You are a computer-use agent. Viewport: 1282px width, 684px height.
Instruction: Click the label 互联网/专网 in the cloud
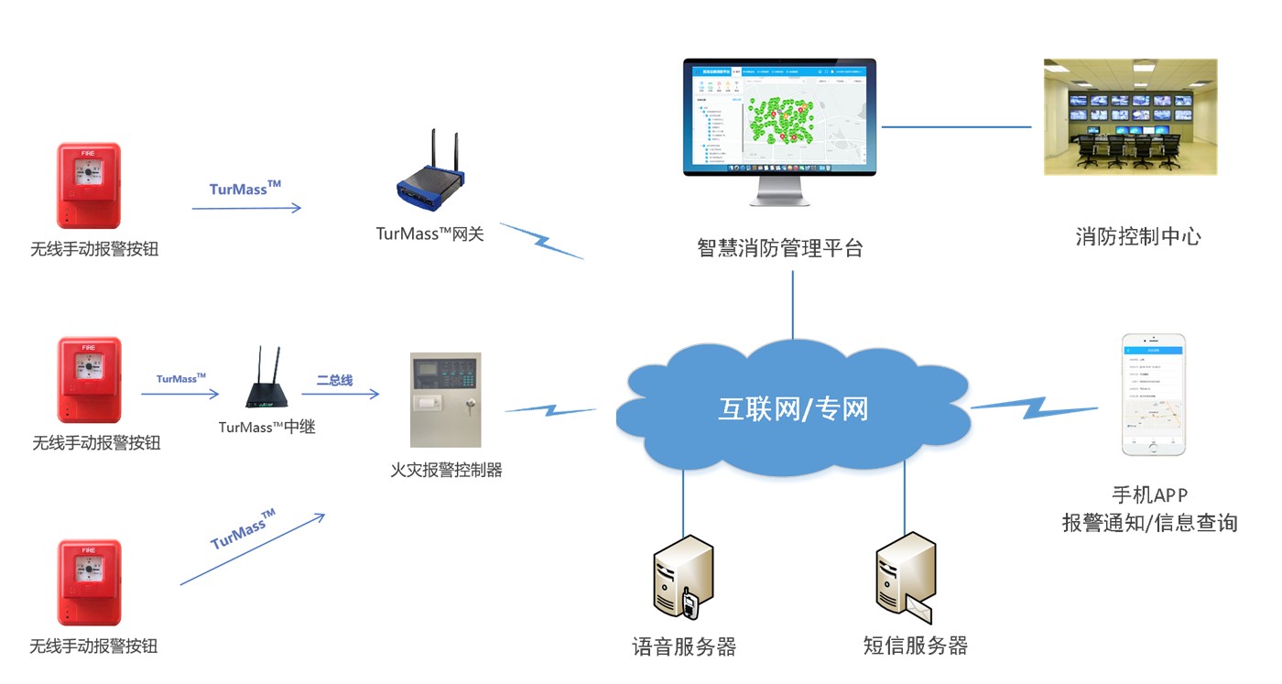pyautogui.click(x=792, y=408)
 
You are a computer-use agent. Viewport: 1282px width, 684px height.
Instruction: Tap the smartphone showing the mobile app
pyautogui.click(x=1154, y=395)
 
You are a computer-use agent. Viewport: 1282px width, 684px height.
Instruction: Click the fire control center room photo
pyautogui.click(x=1131, y=117)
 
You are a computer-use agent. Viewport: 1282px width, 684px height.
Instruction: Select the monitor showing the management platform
pyautogui.click(x=779, y=117)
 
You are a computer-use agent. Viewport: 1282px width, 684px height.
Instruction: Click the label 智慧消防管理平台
pyautogui.click(x=779, y=247)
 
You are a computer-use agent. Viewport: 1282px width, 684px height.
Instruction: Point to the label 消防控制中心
pyautogui.click(x=1137, y=236)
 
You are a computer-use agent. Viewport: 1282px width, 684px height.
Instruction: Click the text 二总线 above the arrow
pyautogui.click(x=334, y=379)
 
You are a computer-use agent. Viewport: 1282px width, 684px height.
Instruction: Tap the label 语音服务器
pyautogui.click(x=684, y=646)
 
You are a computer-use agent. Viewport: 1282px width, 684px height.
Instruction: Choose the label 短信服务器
pyautogui.click(x=915, y=646)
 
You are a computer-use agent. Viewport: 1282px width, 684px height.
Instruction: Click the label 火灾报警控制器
pyautogui.click(x=446, y=470)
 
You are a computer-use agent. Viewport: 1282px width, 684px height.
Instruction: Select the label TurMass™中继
pyautogui.click(x=266, y=427)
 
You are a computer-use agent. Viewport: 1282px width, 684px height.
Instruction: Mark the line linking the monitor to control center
pyautogui.click(x=956, y=126)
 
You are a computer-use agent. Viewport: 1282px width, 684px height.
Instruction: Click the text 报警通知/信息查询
pyautogui.click(x=1149, y=523)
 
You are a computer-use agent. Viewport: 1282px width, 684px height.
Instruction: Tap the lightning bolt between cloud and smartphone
pyautogui.click(x=1033, y=407)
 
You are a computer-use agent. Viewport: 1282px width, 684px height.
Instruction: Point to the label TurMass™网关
pyautogui.click(x=429, y=233)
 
